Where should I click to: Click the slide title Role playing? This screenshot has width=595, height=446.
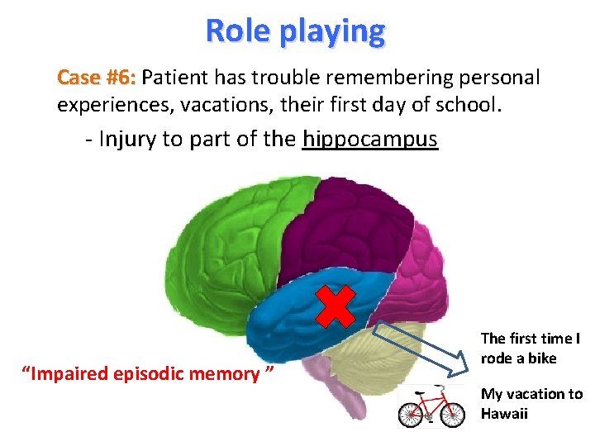point(295,31)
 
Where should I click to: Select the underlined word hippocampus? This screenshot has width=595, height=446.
point(369,139)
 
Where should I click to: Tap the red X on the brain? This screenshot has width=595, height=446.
point(336,306)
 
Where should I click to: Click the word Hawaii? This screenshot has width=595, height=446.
point(504,413)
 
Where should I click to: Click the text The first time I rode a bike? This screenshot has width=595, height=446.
point(530,348)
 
